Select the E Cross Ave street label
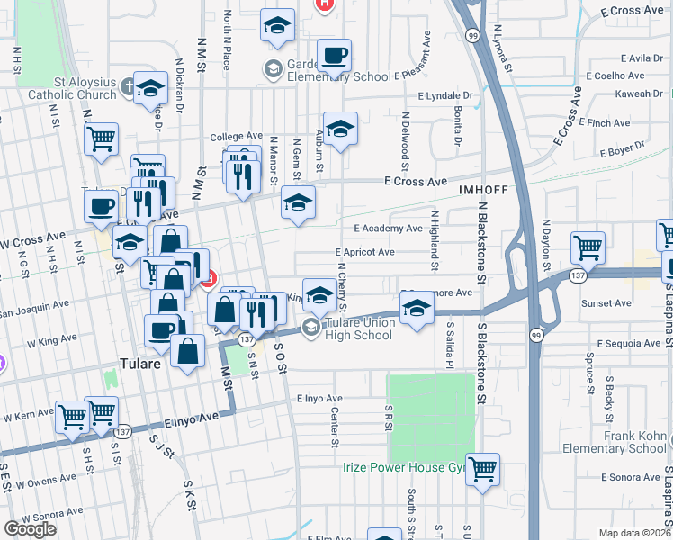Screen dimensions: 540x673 (415, 182)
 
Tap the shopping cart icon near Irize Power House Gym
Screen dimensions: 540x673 (483, 469)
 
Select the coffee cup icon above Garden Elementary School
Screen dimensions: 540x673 (335, 56)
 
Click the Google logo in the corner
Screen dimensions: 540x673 (30, 529)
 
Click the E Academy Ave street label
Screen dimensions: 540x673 (388, 229)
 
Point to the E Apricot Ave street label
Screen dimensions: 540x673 (364, 253)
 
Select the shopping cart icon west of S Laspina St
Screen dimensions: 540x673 (587, 247)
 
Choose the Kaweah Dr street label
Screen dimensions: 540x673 (639, 94)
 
